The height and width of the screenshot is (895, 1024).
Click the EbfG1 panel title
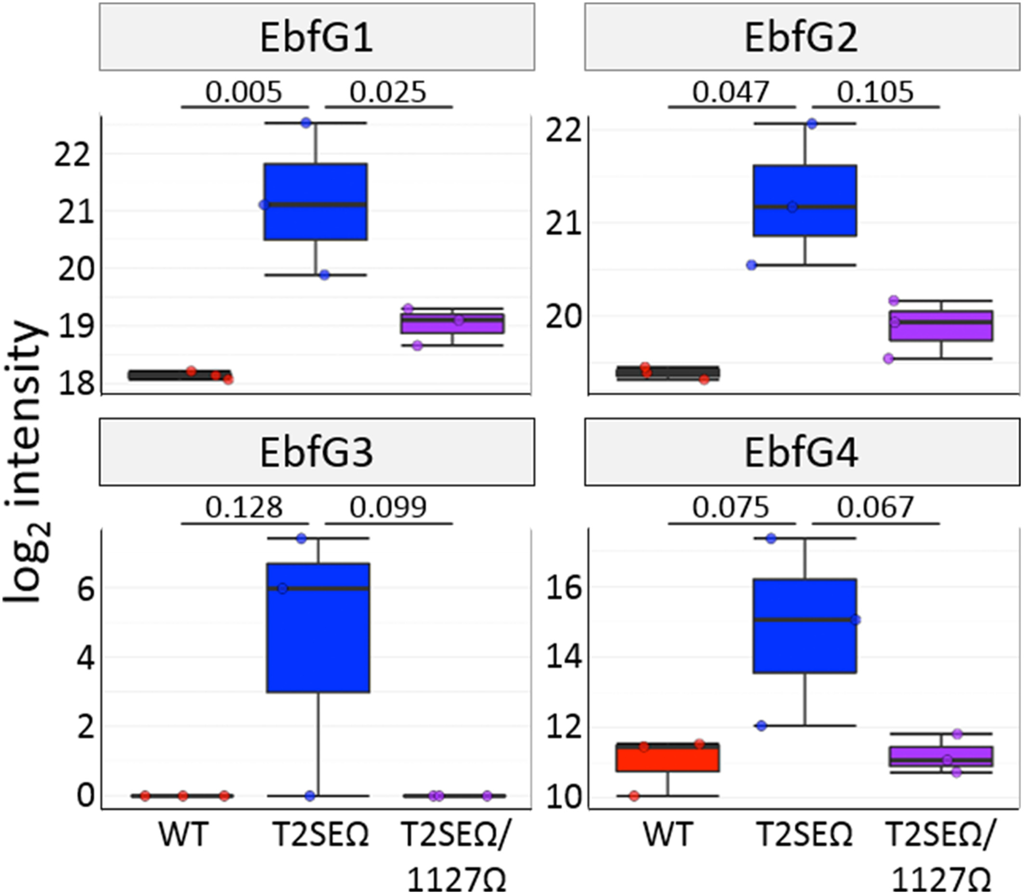[316, 38]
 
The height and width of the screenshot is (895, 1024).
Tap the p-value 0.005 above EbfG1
[244, 92]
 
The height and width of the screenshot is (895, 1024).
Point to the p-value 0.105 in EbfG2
[875, 92]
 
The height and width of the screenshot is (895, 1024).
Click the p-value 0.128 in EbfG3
[244, 508]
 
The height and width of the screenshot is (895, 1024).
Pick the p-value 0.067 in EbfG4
[875, 508]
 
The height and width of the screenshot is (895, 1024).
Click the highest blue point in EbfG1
[306, 123]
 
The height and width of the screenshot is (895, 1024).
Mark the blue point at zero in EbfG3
[310, 795]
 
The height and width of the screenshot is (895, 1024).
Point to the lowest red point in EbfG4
[634, 796]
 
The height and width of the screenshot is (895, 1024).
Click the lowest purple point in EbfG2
[888, 358]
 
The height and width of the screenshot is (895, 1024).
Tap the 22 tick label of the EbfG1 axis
[73, 156]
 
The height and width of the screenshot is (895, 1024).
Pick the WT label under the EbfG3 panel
[183, 834]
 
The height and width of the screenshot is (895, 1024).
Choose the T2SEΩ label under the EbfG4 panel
[805, 834]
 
